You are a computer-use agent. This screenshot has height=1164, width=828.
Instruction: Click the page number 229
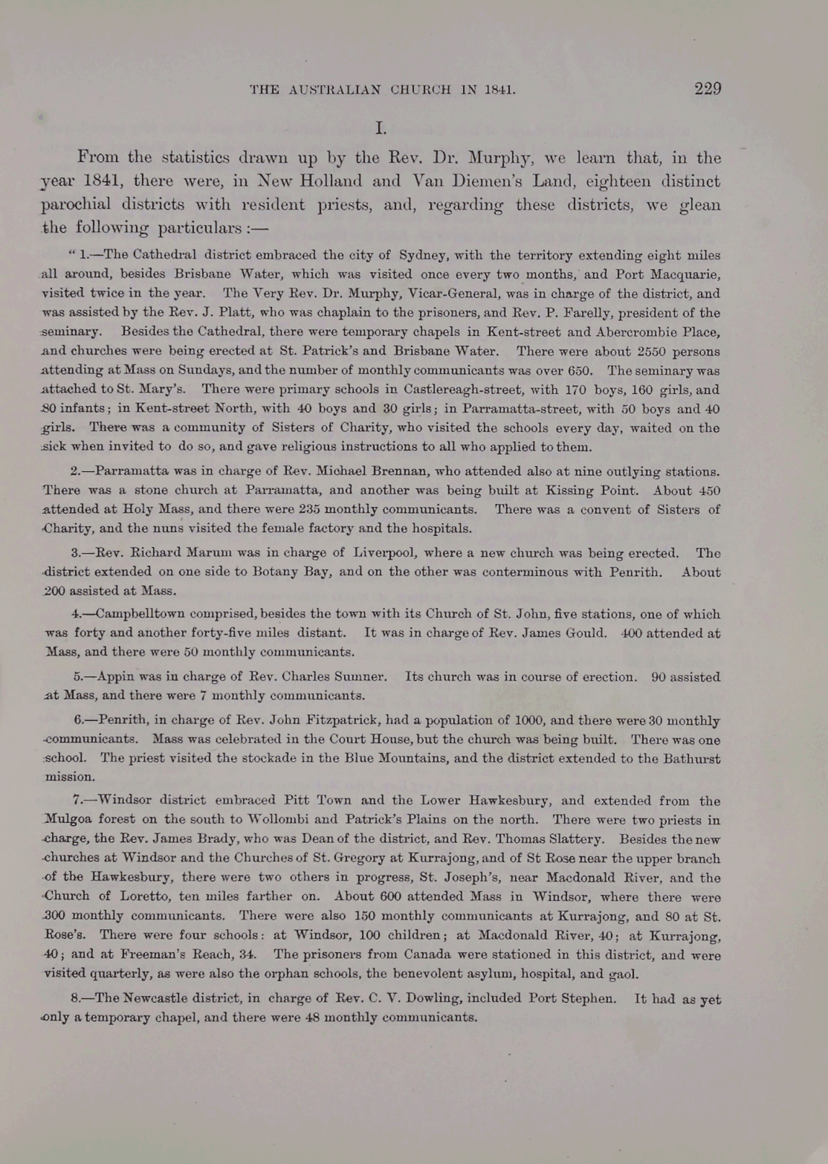coord(707,89)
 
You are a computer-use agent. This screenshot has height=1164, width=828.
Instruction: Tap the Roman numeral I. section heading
coord(381,129)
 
